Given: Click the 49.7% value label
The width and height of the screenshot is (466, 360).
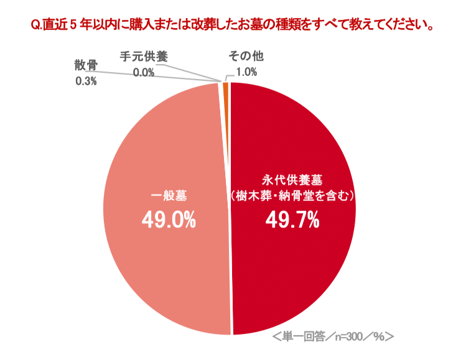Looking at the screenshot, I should [x=292, y=219].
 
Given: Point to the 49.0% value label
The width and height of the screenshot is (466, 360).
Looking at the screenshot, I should [x=169, y=219].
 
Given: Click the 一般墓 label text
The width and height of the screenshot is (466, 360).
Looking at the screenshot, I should [x=169, y=195].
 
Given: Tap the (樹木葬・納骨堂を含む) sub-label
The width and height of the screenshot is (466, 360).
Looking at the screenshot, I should [x=292, y=195].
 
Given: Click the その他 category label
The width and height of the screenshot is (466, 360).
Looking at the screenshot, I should [x=246, y=57].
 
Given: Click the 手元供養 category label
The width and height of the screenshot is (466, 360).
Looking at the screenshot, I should [x=144, y=56].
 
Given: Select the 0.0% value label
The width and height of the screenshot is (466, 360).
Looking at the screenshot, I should [x=144, y=72].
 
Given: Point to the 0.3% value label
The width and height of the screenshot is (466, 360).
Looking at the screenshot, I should [x=86, y=81].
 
